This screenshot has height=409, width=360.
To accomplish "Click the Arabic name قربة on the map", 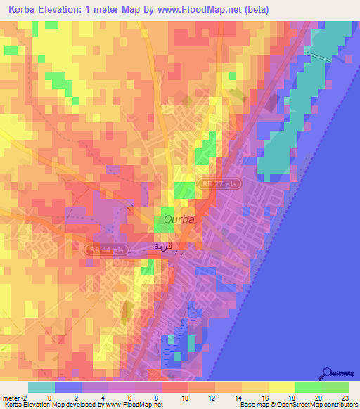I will [x=169, y=247].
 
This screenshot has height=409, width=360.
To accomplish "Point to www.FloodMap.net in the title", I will [x=230, y=10].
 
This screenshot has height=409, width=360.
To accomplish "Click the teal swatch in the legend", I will [x=41, y=387].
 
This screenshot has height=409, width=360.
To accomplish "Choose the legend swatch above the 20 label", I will [x=308, y=387].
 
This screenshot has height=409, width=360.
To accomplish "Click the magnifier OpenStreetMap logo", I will [x=326, y=374].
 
